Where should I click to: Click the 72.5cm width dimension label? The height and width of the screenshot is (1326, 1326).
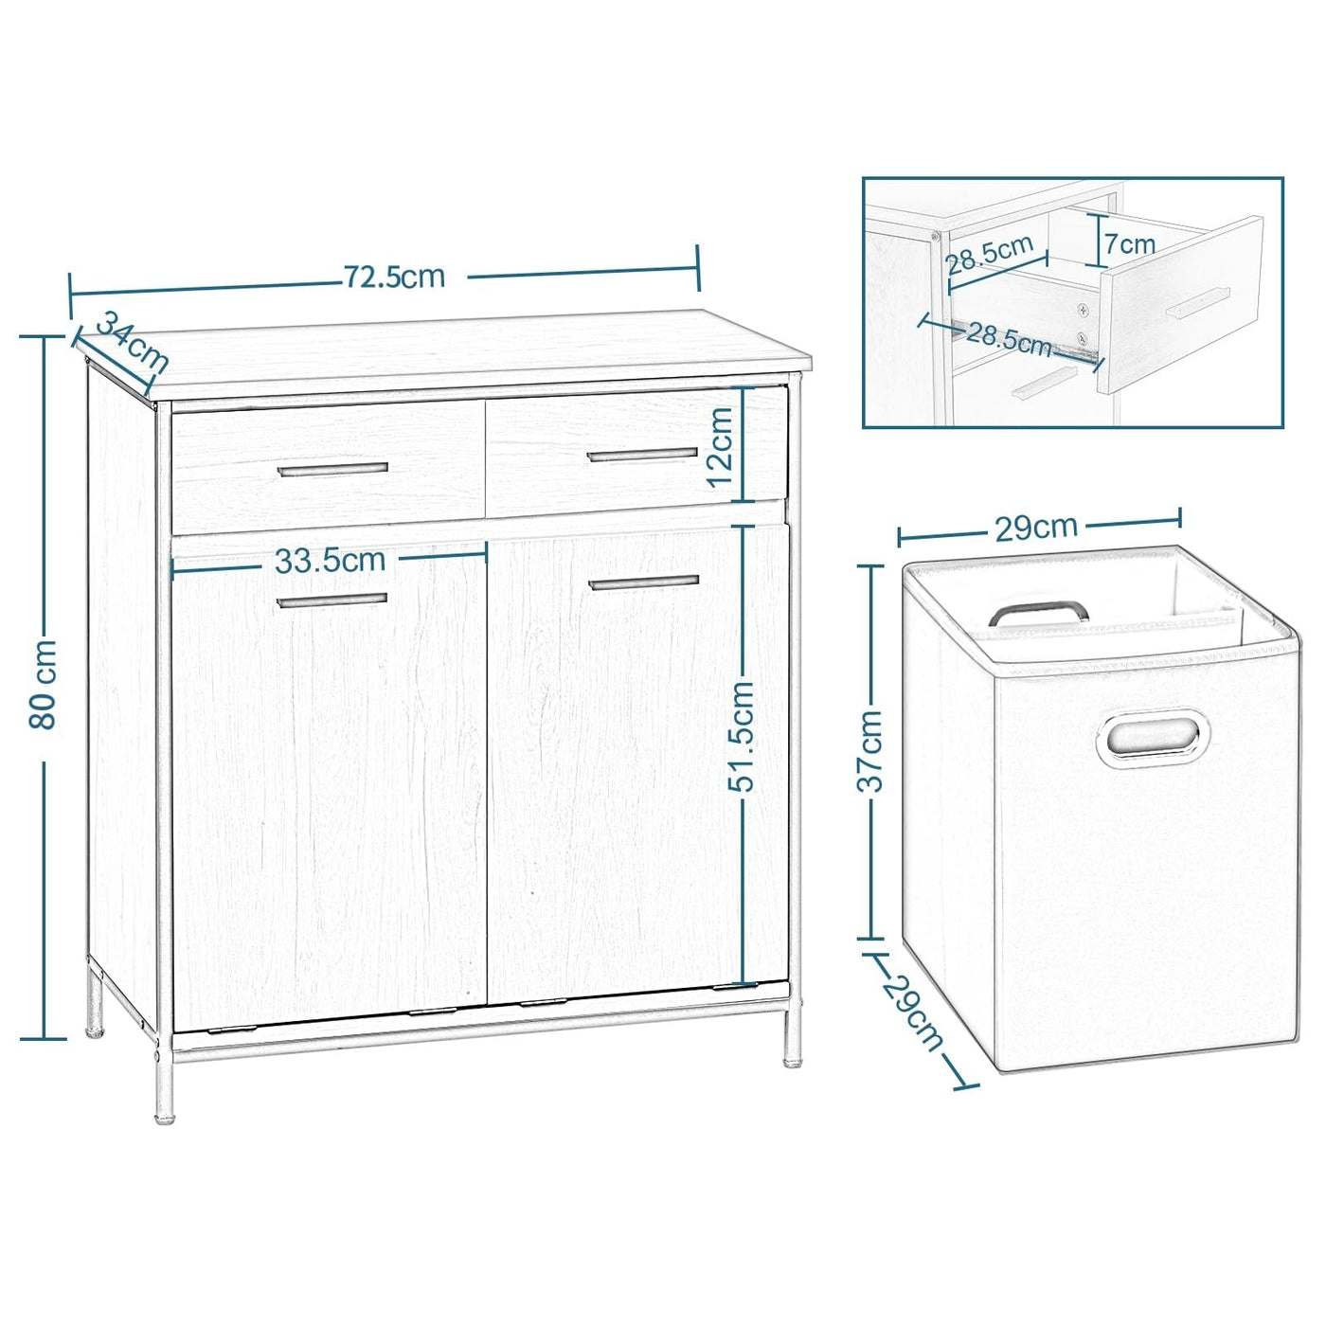(x=394, y=277)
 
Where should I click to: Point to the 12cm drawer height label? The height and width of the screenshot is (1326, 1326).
(x=722, y=445)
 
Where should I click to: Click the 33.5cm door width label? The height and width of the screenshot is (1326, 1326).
(x=330, y=560)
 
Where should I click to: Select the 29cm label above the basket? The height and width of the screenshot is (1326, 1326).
(x=1038, y=526)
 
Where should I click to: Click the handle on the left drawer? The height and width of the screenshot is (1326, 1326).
(x=332, y=469)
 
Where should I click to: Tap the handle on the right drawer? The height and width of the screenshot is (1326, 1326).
(x=642, y=456)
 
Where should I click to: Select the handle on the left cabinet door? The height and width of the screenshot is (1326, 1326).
(x=332, y=599)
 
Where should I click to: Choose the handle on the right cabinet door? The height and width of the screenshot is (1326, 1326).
(x=643, y=581)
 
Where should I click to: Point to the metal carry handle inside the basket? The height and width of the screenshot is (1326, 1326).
(x=1036, y=611)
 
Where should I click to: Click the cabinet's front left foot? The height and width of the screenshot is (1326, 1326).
(x=162, y=1103)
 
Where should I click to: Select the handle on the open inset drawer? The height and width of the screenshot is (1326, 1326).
(x=1197, y=304)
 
